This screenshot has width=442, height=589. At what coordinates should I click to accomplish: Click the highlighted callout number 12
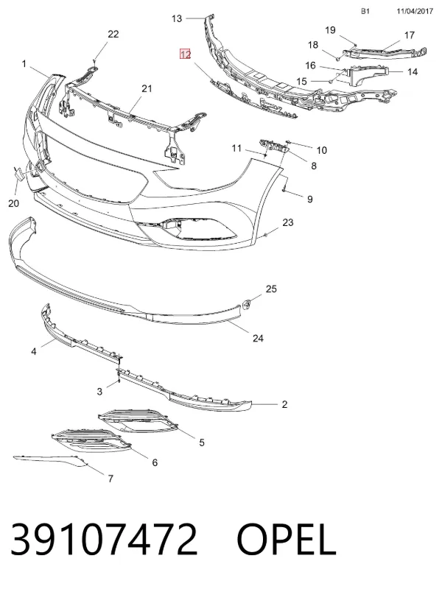pyautogui.click(x=186, y=54)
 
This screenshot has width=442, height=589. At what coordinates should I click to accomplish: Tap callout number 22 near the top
pyautogui.click(x=113, y=34)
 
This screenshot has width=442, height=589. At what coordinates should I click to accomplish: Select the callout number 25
pyautogui.click(x=271, y=289)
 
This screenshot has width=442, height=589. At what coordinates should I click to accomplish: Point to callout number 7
pyautogui.click(x=110, y=479)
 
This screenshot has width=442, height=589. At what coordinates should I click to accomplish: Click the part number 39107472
pyautogui.click(x=104, y=539)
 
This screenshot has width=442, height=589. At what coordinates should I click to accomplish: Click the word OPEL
pyautogui.click(x=286, y=539)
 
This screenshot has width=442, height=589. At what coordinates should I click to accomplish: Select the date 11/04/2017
pyautogui.click(x=415, y=11)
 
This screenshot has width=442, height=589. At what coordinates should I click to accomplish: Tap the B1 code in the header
pyautogui.click(x=365, y=11)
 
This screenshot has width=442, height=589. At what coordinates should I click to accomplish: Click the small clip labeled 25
pyautogui.click(x=247, y=304)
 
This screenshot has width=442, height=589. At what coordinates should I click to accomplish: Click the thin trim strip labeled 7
pyautogui.click(x=50, y=460)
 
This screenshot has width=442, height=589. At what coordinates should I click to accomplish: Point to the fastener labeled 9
pyautogui.click(x=284, y=186)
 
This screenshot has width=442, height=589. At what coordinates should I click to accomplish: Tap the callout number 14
pyautogui.click(x=413, y=71)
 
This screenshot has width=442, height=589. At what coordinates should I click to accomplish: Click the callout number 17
pyautogui.click(x=410, y=35)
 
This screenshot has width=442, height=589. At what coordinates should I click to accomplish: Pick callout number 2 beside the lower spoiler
pyautogui.click(x=284, y=404)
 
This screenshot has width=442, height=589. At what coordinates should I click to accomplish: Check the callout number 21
pyautogui.click(x=147, y=88)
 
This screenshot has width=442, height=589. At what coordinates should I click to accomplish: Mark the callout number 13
pyautogui.click(x=177, y=18)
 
